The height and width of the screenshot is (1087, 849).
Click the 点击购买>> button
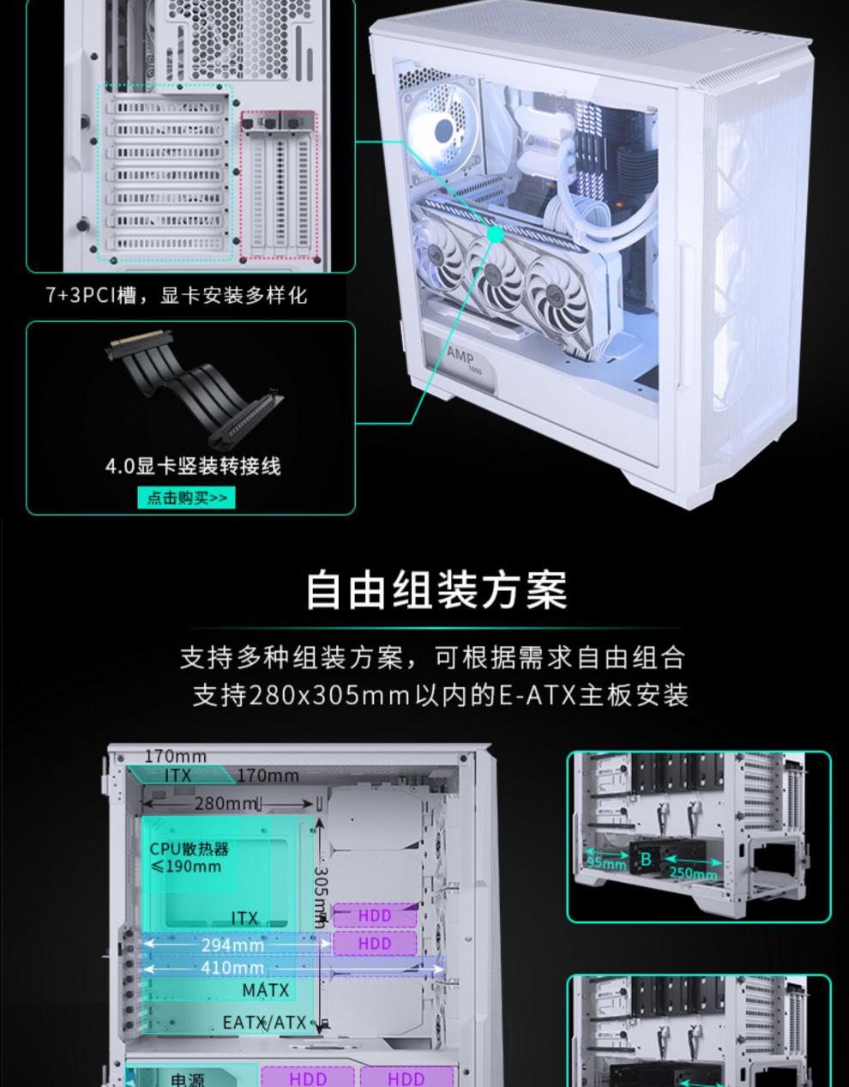pos(186,498)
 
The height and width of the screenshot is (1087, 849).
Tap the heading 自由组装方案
pos(436,590)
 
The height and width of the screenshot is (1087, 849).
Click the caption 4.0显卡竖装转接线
pos(193,466)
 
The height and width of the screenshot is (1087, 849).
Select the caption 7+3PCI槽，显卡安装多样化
pos(176,295)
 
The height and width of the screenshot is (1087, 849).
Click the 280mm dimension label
pos(226,803)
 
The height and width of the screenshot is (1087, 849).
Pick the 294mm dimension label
pos(232,945)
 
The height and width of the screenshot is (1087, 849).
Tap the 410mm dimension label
pos(232,968)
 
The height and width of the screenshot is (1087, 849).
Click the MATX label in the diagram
pos(266,990)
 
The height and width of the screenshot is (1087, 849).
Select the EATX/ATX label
pos(264,1023)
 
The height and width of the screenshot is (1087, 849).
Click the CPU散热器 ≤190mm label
pos(190,857)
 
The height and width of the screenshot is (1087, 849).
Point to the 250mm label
pos(693,873)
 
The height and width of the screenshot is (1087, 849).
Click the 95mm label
pos(606,862)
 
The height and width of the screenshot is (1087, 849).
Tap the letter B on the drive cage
pos(646,858)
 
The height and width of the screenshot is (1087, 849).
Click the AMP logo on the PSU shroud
pos(461,354)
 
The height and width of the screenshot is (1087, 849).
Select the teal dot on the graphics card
pos(496,234)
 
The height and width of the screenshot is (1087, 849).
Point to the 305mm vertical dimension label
pos(321,897)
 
